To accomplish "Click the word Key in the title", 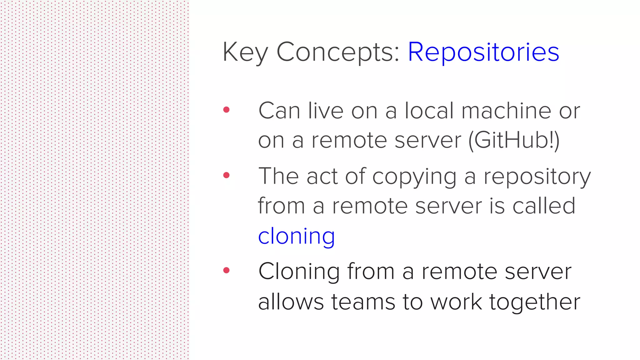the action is tap(245, 52).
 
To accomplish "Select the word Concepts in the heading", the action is tap(338, 52).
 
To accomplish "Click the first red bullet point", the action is tap(227, 110).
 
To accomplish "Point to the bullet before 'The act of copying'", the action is tap(227, 175).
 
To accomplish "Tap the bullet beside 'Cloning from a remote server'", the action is tap(227, 270).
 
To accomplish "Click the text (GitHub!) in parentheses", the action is tap(514, 140).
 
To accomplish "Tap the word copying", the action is tap(414, 177).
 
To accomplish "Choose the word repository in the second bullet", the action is tap(537, 177).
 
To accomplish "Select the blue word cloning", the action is tap(297, 236).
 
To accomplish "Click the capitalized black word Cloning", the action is tap(299, 271).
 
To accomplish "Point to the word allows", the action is tap(291, 302).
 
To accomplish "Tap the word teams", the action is tap(363, 302).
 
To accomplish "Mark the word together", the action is tap(534, 302).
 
